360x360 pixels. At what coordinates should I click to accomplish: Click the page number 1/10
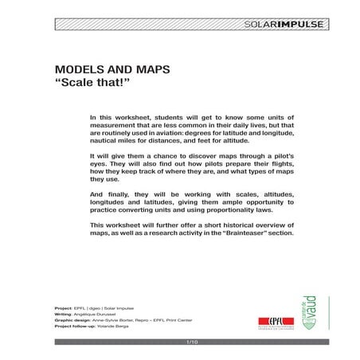[x=190, y=342]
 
